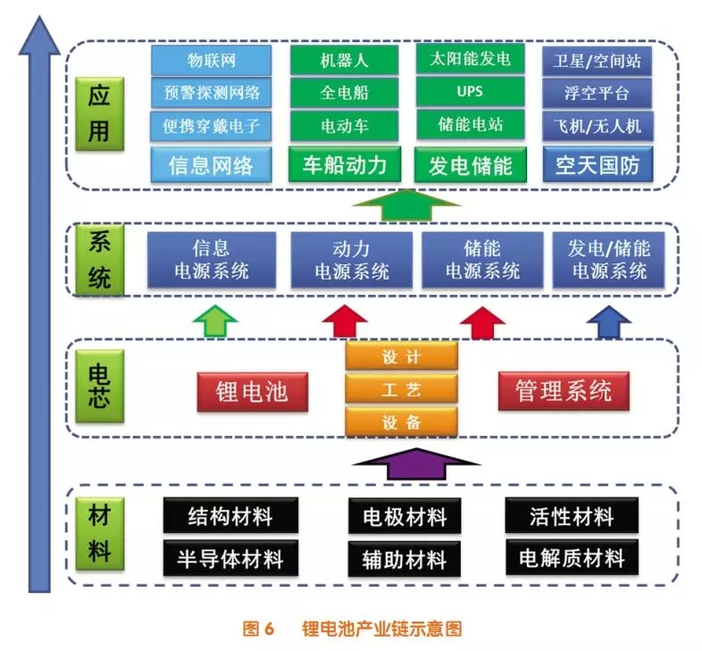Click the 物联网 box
coord(211,61)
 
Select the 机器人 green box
coord(344,61)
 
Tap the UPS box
coord(471,91)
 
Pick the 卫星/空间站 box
coord(598,61)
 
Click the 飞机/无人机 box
coord(598,123)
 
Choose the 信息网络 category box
coord(211,164)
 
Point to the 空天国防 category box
coord(598,164)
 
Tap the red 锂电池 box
coord(252,391)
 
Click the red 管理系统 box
coord(564,390)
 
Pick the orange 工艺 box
coord(401,388)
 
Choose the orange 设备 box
coord(401,421)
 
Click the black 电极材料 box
coord(405,515)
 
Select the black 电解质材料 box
coord(572,558)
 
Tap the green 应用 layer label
coord(99,113)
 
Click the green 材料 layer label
coord(99,534)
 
